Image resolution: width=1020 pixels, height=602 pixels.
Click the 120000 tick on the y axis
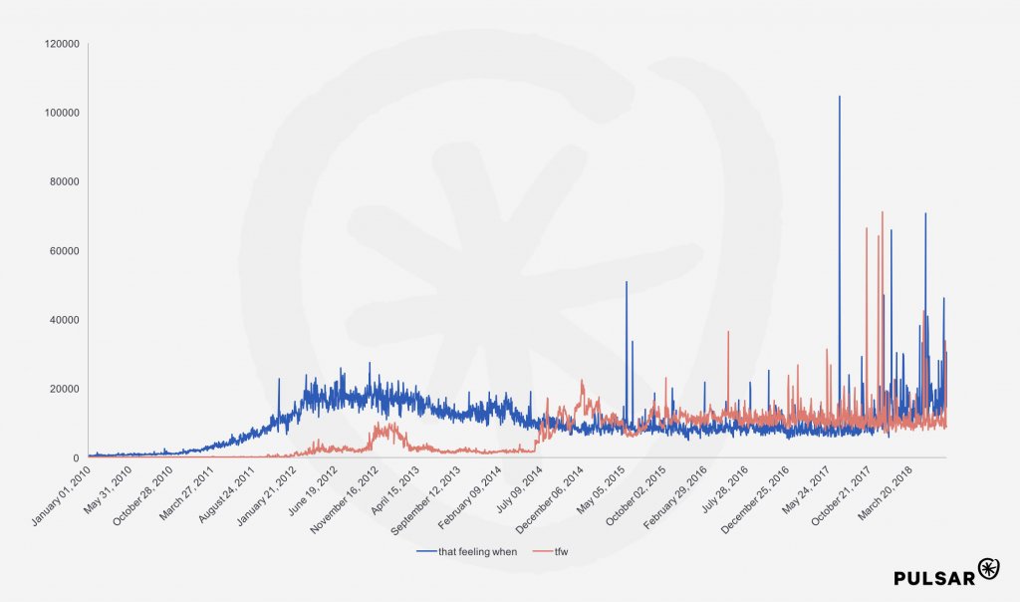point(61,44)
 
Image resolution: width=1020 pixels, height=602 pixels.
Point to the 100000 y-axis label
point(61,113)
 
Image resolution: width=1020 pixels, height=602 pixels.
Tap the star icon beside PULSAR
point(989,568)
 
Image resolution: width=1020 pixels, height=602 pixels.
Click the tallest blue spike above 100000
point(839,98)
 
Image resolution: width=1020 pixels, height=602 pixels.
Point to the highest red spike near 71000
point(882,212)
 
